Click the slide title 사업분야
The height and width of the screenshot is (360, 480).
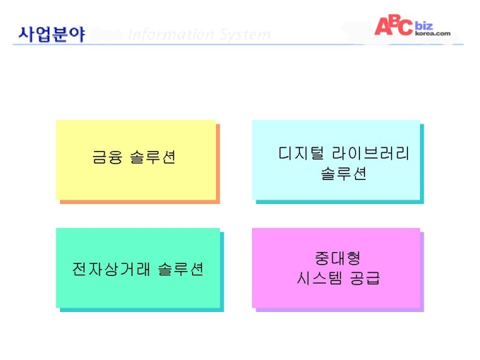(52, 34)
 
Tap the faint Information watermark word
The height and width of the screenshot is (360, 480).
(170, 34)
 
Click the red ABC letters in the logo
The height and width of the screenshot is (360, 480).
(394, 25)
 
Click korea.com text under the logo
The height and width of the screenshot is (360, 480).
(433, 33)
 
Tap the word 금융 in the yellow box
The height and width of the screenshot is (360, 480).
(107, 157)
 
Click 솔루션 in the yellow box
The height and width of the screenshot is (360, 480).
(152, 157)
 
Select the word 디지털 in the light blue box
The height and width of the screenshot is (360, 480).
(301, 152)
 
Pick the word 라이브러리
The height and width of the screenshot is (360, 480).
(371, 152)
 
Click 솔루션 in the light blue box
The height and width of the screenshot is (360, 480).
(344, 174)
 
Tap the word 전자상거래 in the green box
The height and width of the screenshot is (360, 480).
(111, 269)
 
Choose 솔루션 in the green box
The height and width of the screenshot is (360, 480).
(181, 269)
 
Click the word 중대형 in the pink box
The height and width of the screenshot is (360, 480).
(338, 258)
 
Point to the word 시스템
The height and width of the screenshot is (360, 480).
(319, 278)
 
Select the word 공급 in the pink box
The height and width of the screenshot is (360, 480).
(365, 278)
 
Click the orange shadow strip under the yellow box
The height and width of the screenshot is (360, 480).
(140, 202)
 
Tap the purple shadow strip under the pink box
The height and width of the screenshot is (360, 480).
(340, 310)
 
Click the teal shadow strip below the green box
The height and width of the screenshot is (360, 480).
(142, 310)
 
